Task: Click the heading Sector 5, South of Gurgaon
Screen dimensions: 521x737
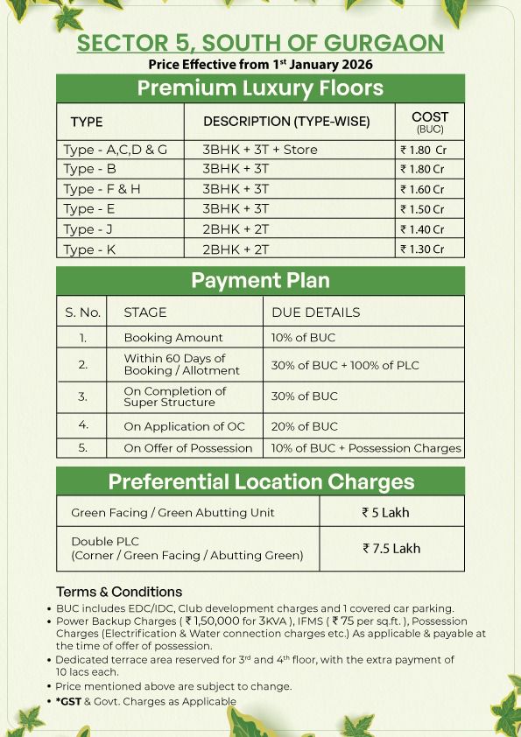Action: pos(260,44)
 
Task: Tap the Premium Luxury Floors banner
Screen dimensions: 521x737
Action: pos(260,88)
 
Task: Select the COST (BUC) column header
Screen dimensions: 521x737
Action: pos(429,122)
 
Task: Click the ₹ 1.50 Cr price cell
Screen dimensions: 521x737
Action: pos(422,209)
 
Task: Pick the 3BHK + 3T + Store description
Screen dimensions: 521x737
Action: pos(260,150)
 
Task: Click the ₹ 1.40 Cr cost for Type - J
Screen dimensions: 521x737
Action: pos(422,229)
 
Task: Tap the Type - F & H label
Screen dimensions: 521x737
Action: pos(102,189)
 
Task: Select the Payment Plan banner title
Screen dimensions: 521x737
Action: pos(260,281)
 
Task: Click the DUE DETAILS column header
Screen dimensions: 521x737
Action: pos(315,312)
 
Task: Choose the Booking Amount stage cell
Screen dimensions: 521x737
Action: pos(173,338)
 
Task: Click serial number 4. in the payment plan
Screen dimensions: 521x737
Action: pos(82,426)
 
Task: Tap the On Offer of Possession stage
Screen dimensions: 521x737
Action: pos(187,448)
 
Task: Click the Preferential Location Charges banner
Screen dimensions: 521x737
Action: pos(260,481)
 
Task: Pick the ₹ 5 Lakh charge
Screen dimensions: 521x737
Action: pos(385,513)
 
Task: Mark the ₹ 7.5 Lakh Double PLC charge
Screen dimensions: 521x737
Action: pos(391,549)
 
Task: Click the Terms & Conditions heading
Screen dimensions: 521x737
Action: pos(119,592)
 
